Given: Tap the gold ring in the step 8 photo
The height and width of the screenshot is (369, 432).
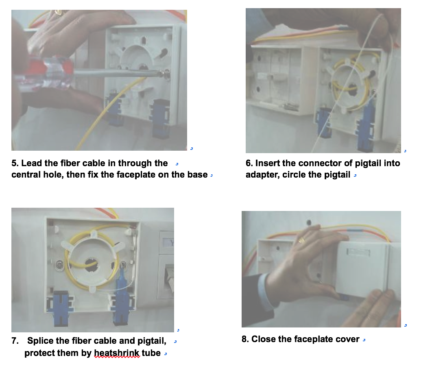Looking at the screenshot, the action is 301,241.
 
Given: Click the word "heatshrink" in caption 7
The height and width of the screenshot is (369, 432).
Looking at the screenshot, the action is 117,353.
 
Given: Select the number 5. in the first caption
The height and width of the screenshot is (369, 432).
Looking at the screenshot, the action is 15,163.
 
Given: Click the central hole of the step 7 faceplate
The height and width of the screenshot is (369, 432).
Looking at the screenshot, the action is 91,264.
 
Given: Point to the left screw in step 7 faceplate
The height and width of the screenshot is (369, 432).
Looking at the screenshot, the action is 60,265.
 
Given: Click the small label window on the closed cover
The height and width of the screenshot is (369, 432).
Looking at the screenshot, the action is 358,252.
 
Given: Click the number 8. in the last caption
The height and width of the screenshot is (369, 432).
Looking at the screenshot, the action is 245,339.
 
